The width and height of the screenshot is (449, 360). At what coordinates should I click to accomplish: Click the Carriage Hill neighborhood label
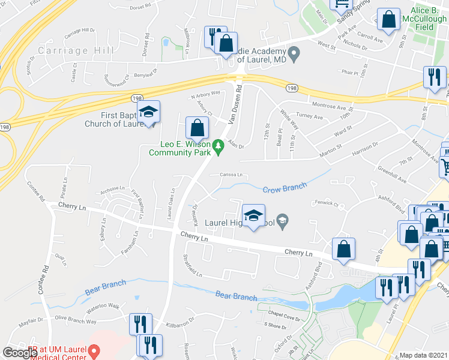(x=68, y=50)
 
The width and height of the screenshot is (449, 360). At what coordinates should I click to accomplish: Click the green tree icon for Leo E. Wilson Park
(x=219, y=145)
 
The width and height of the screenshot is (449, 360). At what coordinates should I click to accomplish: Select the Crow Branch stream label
(x=285, y=188)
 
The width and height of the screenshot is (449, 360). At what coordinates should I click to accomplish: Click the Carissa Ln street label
(x=231, y=175)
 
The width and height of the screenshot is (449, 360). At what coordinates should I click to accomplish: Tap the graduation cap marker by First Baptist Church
(x=148, y=112)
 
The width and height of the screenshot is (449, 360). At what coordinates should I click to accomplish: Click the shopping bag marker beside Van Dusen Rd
(x=197, y=127)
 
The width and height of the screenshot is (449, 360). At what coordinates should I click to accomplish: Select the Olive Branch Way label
(x=76, y=322)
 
